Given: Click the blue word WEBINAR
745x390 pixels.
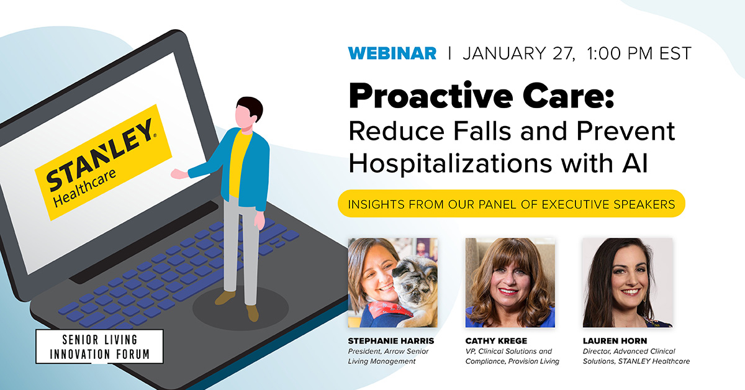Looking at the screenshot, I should click(x=392, y=53).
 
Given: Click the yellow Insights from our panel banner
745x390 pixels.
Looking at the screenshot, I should click(x=511, y=204).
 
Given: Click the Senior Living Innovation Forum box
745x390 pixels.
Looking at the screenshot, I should click(x=100, y=346).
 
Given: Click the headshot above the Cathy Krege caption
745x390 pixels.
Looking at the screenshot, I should click(x=510, y=283).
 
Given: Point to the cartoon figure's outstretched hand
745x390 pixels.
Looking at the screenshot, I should click(x=179, y=175).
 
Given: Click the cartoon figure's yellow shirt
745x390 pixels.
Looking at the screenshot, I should click(x=240, y=165).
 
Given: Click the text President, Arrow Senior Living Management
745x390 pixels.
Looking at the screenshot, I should click(x=389, y=356).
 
